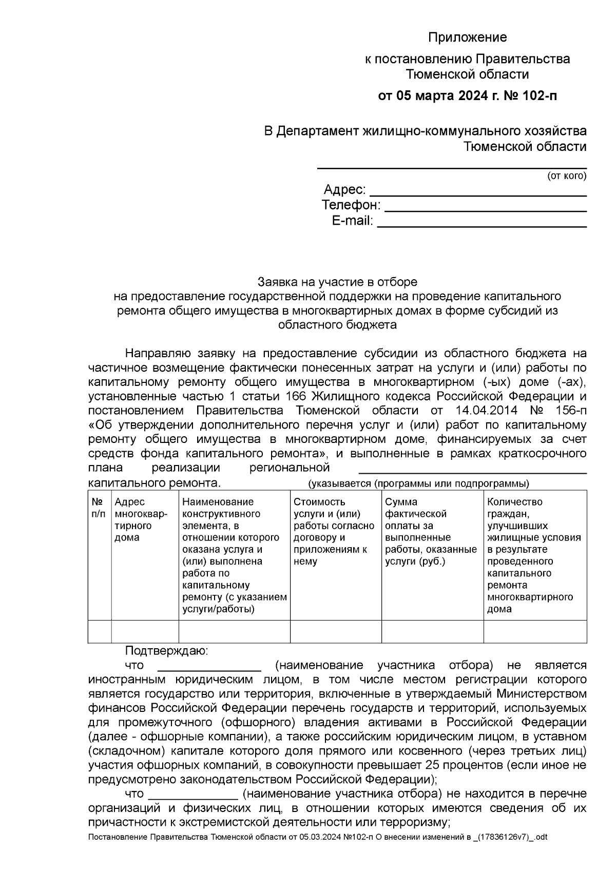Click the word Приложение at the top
click(x=467, y=37)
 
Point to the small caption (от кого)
click(x=566, y=176)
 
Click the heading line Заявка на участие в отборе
click(x=337, y=282)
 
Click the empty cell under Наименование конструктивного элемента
click(x=234, y=631)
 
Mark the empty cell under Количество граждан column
click(x=535, y=631)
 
